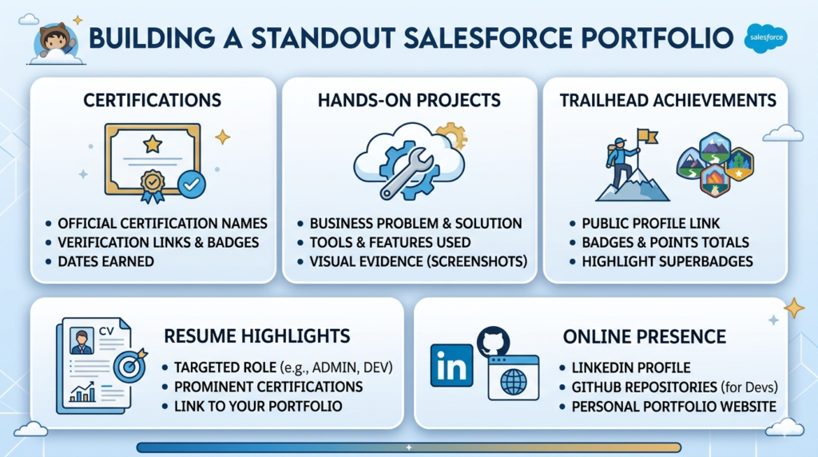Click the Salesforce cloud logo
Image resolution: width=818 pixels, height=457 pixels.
[765, 38]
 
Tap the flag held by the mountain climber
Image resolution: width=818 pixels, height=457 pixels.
[648, 137]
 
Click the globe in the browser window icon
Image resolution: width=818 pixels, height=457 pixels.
[514, 382]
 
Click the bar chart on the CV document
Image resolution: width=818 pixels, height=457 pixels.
[82, 391]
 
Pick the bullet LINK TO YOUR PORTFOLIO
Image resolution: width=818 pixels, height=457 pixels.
[258, 407]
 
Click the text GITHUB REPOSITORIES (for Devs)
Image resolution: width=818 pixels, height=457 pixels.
[673, 387]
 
